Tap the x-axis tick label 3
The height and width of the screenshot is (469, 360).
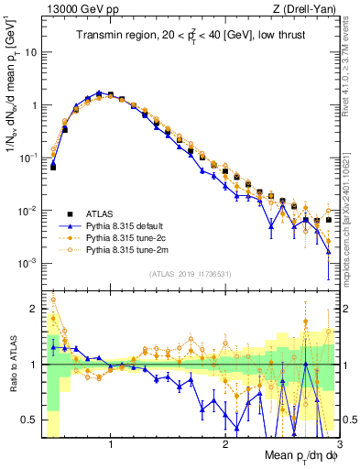[339, 443]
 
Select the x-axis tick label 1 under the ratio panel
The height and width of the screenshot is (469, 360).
[111, 443]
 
